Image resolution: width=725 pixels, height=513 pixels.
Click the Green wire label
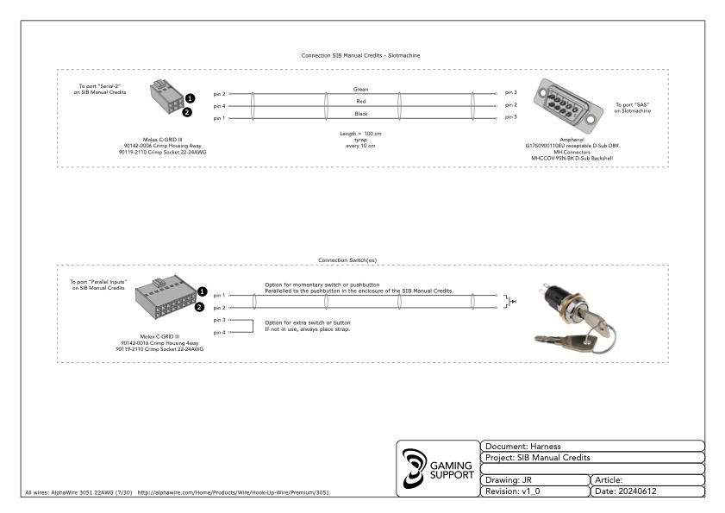361,89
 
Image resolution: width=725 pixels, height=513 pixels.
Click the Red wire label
361,101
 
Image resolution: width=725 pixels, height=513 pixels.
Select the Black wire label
361,113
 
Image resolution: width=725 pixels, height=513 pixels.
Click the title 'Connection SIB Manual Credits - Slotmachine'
361,55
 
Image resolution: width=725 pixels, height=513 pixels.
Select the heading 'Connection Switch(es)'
361,260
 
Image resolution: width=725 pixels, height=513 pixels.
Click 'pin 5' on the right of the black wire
510,116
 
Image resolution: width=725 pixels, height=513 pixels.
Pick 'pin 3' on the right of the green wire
510,91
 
